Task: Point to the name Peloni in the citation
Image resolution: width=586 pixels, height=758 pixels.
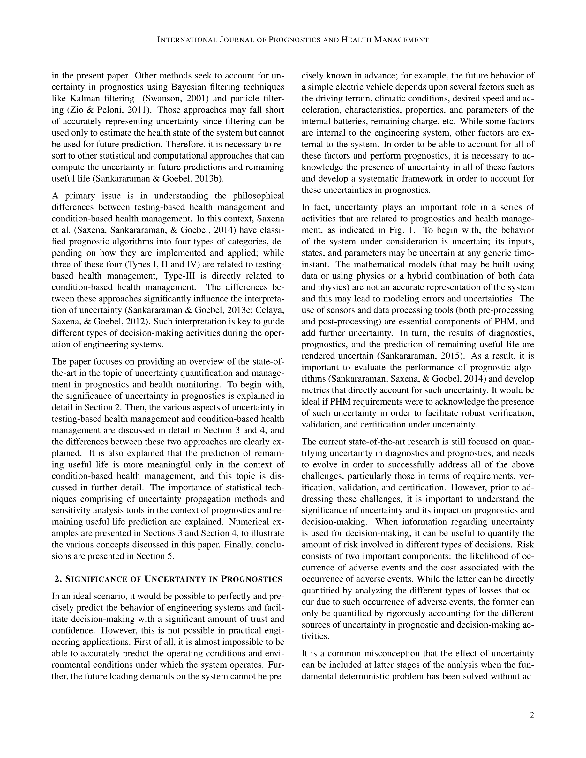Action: point(104,110)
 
